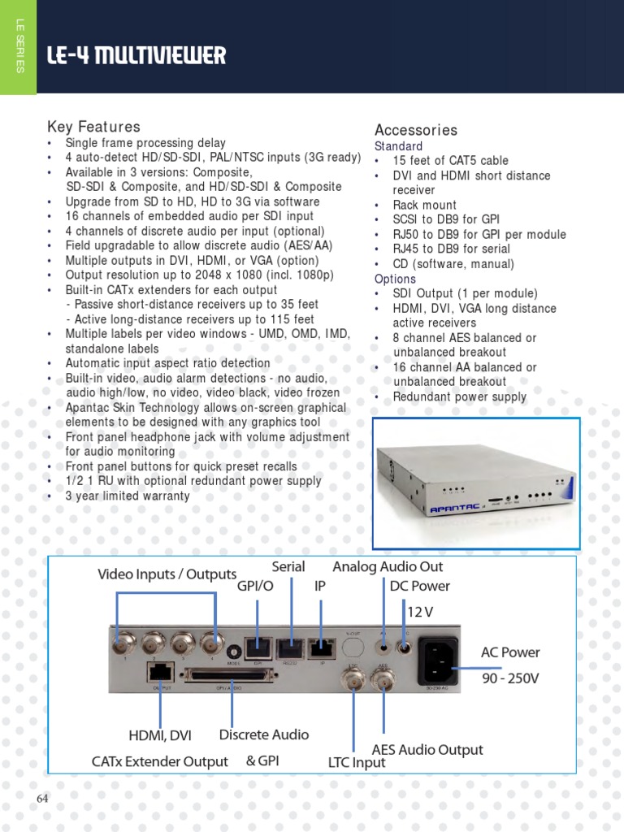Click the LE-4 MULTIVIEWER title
click(136, 56)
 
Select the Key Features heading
click(93, 127)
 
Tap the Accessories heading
click(415, 130)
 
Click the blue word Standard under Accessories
click(398, 146)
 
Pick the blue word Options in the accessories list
click(395, 279)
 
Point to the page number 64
click(43, 799)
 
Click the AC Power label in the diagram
click(509, 652)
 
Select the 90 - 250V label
click(509, 678)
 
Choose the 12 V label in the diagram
click(419, 610)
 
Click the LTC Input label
click(357, 763)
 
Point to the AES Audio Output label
click(427, 749)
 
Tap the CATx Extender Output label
click(159, 761)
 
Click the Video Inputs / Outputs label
click(167, 574)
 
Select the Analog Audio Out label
click(388, 566)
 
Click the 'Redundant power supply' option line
click(459, 396)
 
